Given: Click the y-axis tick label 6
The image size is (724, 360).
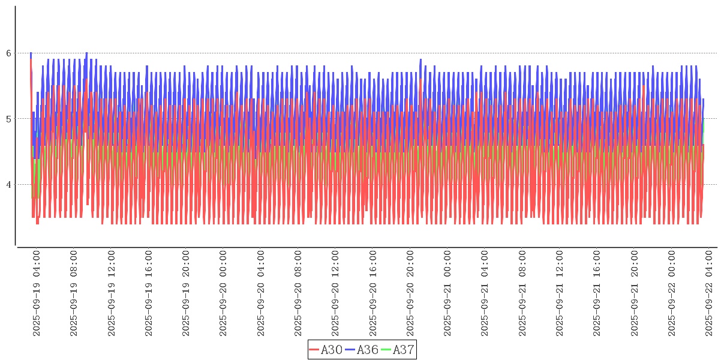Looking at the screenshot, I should [9, 53].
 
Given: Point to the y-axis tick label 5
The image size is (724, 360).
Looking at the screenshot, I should [9, 119].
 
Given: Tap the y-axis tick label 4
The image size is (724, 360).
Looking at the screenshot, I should [9, 185].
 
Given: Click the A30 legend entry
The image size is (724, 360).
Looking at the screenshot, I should [326, 350].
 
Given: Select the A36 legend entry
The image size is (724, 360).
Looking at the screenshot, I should [362, 350].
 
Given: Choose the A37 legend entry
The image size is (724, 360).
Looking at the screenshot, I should [398, 350].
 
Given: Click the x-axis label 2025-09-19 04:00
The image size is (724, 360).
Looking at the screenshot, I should [37, 293].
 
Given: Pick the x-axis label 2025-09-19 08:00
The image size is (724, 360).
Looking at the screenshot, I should [74, 293].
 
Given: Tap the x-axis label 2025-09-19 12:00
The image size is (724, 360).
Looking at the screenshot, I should [112, 293].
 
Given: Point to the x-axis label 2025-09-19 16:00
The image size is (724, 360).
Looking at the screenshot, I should [149, 293].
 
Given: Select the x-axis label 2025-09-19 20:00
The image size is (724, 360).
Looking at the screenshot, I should [186, 293].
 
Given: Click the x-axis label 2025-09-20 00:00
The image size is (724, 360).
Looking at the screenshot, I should [223, 293].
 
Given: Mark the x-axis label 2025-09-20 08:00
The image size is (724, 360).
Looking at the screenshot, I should [298, 293].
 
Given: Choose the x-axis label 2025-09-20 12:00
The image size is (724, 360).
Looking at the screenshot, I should [335, 293].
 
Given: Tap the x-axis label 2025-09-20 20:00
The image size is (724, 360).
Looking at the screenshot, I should [410, 293].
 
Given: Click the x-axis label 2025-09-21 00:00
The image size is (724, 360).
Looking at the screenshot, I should [447, 293].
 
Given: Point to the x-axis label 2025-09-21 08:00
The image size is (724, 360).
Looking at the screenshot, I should [522, 293].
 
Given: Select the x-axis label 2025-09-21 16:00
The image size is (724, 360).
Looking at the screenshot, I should [597, 293].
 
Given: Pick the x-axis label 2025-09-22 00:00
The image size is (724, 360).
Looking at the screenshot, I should [672, 293].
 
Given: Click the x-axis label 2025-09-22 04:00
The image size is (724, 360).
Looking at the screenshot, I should [709, 293].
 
